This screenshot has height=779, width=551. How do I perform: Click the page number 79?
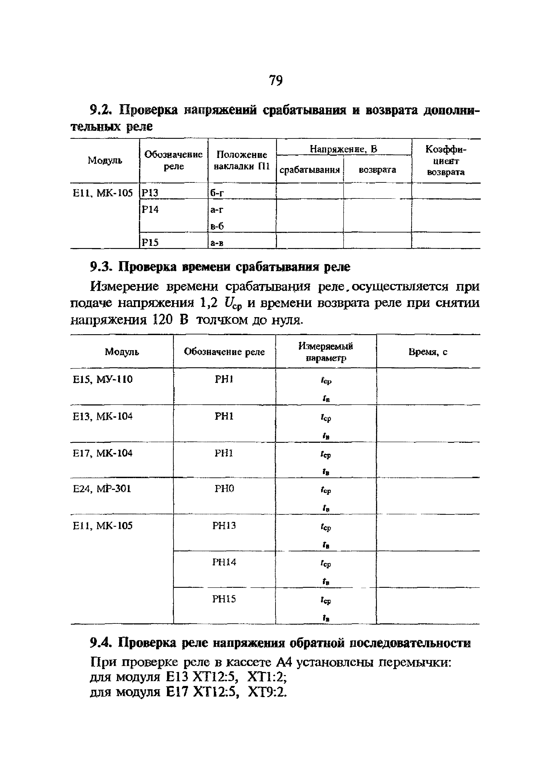click(x=275, y=81)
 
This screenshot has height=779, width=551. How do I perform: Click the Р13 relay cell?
click(x=150, y=193)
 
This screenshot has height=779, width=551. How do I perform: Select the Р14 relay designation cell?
click(x=150, y=210)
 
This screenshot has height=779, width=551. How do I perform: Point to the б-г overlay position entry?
click(x=217, y=193)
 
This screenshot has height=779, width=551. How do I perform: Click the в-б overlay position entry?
click(x=217, y=226)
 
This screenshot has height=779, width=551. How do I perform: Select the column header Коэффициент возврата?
click(x=446, y=161)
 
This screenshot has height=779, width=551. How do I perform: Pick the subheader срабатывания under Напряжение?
click(x=309, y=170)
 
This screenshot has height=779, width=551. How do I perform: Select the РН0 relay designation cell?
click(x=224, y=489)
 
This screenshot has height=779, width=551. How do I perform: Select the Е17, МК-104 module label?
click(x=102, y=453)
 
